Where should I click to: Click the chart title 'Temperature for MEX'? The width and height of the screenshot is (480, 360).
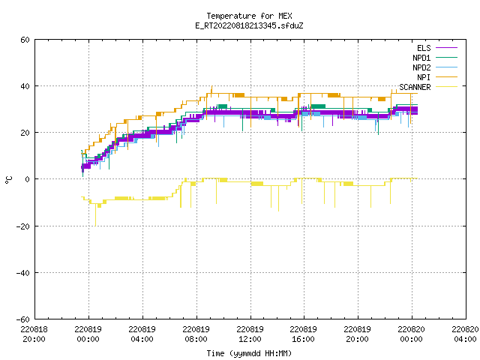click(249, 16)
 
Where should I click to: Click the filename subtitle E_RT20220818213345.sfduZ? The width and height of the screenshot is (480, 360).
click(249, 25)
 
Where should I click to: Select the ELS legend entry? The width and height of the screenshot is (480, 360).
click(436, 48)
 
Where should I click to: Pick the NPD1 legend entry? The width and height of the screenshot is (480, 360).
click(435, 58)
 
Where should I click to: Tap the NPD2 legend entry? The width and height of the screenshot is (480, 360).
click(435, 67)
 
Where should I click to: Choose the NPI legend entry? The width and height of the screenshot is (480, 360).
click(436, 77)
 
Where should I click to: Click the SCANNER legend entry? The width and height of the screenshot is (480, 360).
click(428, 87)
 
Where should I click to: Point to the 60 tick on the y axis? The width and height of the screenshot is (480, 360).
click(25, 40)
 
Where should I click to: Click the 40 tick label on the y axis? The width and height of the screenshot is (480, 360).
click(25, 86)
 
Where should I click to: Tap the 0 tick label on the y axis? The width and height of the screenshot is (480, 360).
click(28, 179)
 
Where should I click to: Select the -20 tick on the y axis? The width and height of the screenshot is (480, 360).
click(23, 226)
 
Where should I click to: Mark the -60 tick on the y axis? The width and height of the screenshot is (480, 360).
click(23, 319)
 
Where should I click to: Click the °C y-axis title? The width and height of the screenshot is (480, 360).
click(9, 180)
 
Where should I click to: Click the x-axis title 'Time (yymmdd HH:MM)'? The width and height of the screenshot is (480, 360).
click(249, 353)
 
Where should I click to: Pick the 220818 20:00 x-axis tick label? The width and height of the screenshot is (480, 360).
click(34, 334)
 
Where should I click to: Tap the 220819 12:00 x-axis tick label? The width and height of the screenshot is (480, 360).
click(250, 334)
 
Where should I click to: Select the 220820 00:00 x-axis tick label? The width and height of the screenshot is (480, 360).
click(412, 334)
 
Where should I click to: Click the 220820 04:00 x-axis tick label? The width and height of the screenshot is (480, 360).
click(465, 334)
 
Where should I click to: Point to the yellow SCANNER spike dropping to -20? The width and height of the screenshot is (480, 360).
click(95, 215)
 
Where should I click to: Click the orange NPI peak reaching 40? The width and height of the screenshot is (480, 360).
click(211, 87)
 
